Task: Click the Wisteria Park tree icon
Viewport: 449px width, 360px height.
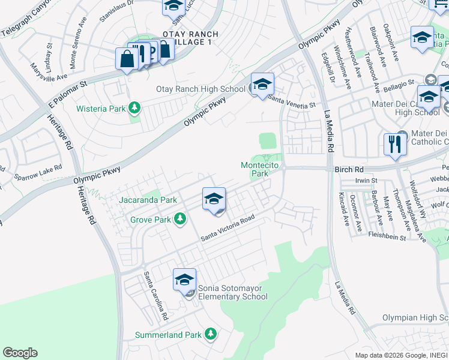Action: pos(136,108)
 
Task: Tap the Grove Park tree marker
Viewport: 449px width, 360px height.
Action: pos(179,220)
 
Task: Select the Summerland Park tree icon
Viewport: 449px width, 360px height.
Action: pos(210,334)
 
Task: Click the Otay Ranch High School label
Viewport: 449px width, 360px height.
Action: pos(200,89)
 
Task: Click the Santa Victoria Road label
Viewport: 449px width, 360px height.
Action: pos(232,229)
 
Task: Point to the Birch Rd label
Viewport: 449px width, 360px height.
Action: pos(347,170)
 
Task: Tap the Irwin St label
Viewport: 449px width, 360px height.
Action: pos(365,180)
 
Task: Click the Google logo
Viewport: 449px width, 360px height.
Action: pos(20,352)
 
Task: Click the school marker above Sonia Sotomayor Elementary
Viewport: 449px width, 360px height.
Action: pos(184,280)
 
